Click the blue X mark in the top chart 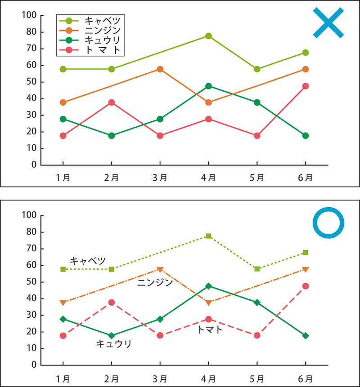click(x=328, y=22)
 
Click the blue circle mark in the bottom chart click(x=328, y=222)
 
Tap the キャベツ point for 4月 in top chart click(x=208, y=36)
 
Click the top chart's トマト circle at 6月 click(x=306, y=86)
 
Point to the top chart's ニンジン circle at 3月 click(x=160, y=69)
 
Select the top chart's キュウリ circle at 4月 click(x=208, y=86)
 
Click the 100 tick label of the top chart click(x=28, y=15)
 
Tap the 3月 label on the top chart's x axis click(x=160, y=177)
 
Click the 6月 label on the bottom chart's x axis click(x=306, y=377)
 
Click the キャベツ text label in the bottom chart click(x=88, y=261)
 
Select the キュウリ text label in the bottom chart click(x=114, y=344)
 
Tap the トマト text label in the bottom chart click(x=210, y=329)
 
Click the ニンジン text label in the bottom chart click(x=155, y=283)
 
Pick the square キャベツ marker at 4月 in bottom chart click(x=208, y=236)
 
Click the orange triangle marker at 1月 click(x=63, y=302)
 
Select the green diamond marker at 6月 click(x=306, y=336)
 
